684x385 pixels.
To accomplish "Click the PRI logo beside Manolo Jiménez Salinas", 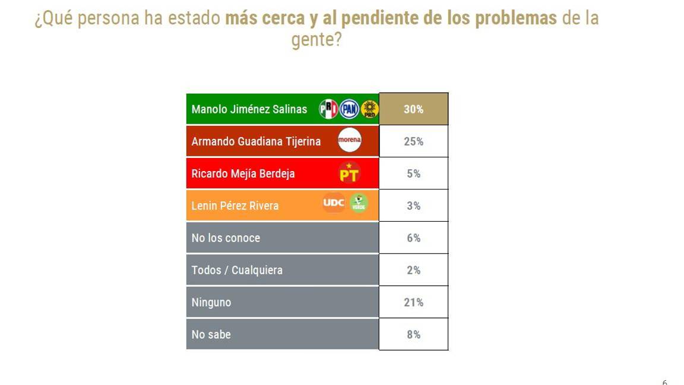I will click(x=328, y=109).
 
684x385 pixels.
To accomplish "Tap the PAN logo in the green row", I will click(x=349, y=109).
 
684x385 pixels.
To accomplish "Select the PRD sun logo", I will click(x=369, y=109).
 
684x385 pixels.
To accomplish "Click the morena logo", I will click(x=349, y=141).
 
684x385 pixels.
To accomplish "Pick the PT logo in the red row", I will click(x=349, y=173).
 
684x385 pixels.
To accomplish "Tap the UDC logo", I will click(x=334, y=203).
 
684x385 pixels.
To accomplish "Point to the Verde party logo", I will click(x=358, y=203).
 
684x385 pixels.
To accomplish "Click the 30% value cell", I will click(x=413, y=109).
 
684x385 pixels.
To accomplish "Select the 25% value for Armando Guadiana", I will click(x=413, y=141).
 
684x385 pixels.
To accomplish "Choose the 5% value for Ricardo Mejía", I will click(x=413, y=173).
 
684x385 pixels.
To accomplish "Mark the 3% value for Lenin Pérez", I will click(x=413, y=206).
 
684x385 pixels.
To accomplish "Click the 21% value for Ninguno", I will click(x=413, y=302).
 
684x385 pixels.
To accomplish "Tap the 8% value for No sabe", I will click(x=413, y=334).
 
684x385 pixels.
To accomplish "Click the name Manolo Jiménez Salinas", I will click(x=249, y=109).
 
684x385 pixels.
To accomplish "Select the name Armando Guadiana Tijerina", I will click(x=256, y=141).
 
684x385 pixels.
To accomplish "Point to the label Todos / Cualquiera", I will click(x=237, y=270).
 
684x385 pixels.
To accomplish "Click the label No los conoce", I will click(x=226, y=238).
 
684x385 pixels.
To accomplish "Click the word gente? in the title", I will click(x=316, y=40).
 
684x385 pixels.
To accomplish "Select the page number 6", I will click(x=664, y=382).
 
